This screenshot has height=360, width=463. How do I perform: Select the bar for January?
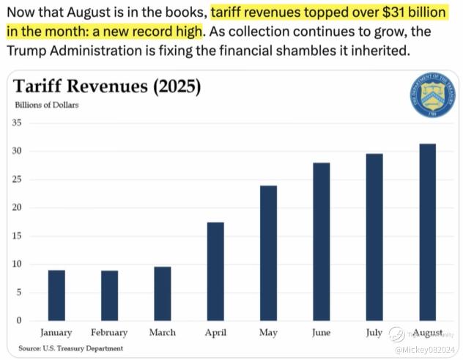tap(56, 295)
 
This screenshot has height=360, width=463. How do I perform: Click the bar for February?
tap(109, 295)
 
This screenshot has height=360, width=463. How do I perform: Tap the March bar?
tap(162, 294)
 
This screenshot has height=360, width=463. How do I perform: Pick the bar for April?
tap(215, 271)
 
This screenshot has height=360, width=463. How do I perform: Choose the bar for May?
tap(268, 253)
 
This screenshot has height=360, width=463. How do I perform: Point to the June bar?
tap(321, 241)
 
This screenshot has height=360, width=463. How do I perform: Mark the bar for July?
tap(374, 237)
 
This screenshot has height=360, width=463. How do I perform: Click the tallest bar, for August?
tap(427, 232)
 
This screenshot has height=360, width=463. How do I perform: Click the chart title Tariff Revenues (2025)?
tap(107, 87)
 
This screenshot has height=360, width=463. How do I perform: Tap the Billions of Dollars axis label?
tap(47, 105)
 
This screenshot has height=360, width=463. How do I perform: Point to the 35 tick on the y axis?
tap(16, 122)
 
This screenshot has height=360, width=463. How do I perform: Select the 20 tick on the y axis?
tap(16, 207)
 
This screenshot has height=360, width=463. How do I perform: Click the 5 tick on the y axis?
tap(18, 293)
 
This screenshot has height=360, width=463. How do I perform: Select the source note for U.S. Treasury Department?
tap(70, 348)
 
